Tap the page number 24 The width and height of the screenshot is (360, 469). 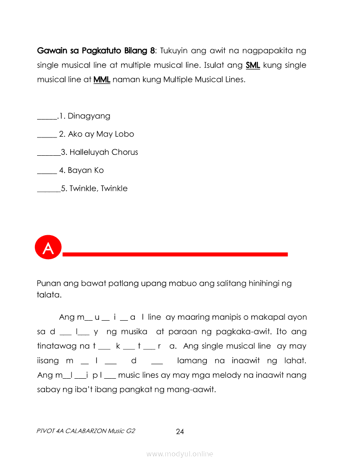pyautogui.click(x=180, y=432)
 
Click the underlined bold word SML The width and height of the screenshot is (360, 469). pyautogui.click(x=253, y=65)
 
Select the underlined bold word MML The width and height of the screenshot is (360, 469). pyautogui.click(x=102, y=80)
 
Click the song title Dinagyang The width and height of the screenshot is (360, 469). pyautogui.click(x=89, y=116)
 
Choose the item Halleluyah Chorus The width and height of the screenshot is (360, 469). pyautogui.click(x=104, y=152)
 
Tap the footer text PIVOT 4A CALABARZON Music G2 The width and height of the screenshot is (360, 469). pyautogui.click(x=86, y=431)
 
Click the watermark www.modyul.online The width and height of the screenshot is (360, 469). pyautogui.click(x=180, y=454)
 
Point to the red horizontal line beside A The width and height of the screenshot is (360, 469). pyautogui.click(x=175, y=254)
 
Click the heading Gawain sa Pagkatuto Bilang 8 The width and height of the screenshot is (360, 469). pyautogui.click(x=96, y=51)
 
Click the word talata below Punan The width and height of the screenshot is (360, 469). pyautogui.click(x=49, y=295)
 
